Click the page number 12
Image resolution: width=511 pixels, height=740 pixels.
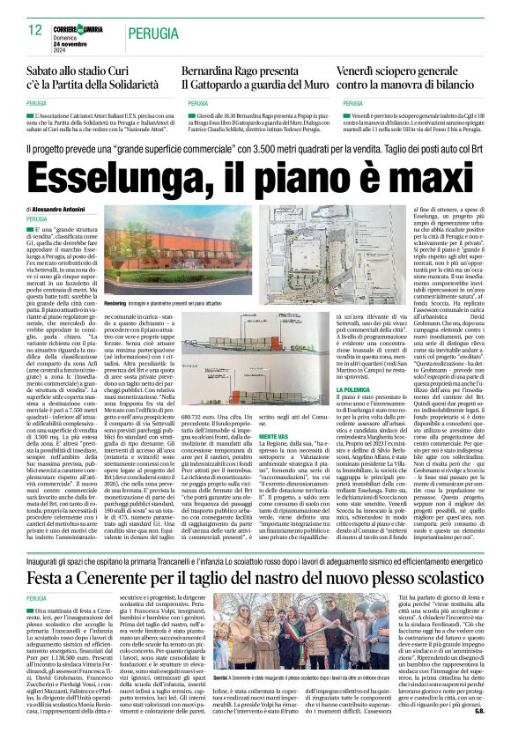(35, 29)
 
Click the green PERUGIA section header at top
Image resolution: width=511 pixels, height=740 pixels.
(151, 33)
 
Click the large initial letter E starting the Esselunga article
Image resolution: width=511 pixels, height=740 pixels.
(33, 233)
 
